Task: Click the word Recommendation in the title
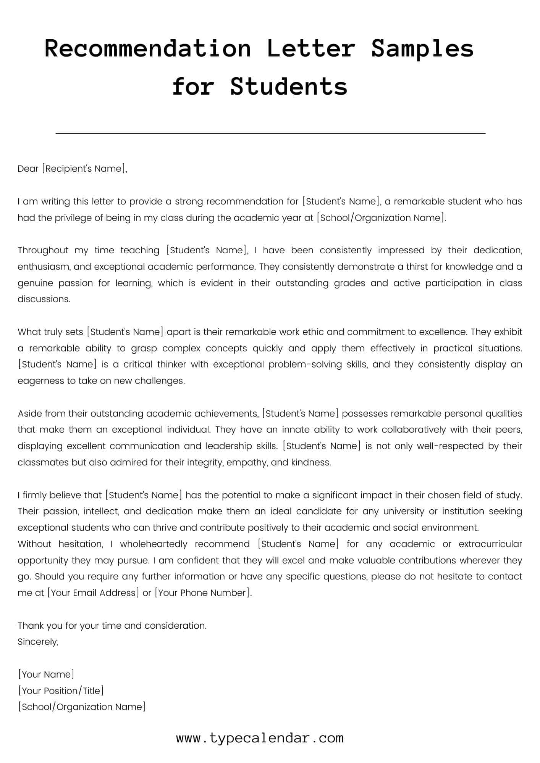click(148, 49)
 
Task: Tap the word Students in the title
click(289, 87)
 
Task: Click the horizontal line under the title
click(270, 134)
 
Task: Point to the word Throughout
click(42, 250)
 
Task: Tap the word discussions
click(44, 299)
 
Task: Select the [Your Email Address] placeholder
click(93, 593)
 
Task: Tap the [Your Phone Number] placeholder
click(202, 593)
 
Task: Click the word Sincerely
click(38, 642)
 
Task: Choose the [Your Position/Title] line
click(61, 691)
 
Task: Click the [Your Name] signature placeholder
click(46, 674)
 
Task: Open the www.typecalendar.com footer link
click(260, 738)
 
